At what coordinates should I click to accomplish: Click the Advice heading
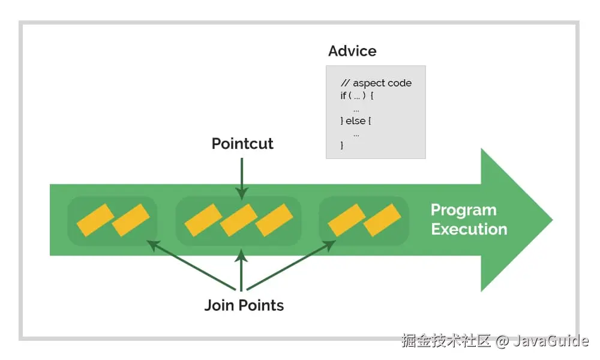pyautogui.click(x=352, y=51)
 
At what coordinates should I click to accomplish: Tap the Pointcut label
pyautogui.click(x=242, y=144)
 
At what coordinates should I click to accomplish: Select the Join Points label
pyautogui.click(x=244, y=305)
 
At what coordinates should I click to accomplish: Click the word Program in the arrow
pyautogui.click(x=463, y=210)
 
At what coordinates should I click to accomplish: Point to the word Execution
pyautogui.click(x=469, y=229)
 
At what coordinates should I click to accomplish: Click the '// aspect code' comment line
pyautogui.click(x=376, y=83)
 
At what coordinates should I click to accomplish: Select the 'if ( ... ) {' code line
pyautogui.click(x=357, y=96)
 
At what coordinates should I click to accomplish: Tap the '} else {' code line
pyautogui.click(x=356, y=121)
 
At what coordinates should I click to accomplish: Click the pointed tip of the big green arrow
pyautogui.click(x=550, y=220)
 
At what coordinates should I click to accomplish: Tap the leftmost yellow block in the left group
pyautogui.click(x=95, y=220)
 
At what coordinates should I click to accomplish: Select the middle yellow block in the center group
pyautogui.click(x=238, y=220)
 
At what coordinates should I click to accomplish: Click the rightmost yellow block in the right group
pyautogui.click(x=382, y=220)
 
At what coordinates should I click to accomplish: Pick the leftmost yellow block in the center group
pyautogui.click(x=203, y=220)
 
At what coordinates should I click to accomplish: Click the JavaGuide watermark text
pyautogui.click(x=550, y=341)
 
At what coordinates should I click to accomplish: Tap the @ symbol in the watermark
pyautogui.click(x=502, y=341)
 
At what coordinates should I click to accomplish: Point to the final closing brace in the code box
pyautogui.click(x=342, y=145)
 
